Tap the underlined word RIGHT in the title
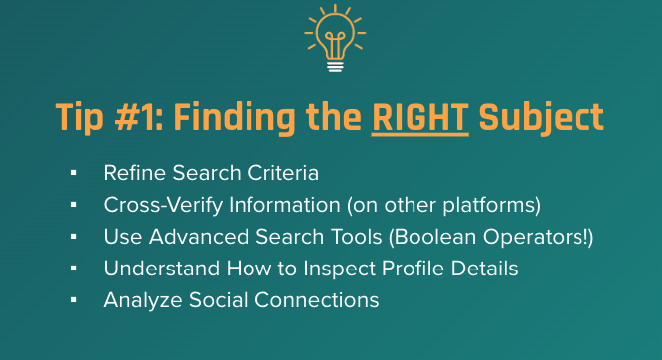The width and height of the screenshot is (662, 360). (419, 117)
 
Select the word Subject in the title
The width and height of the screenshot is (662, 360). (541, 117)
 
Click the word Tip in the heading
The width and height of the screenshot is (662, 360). (80, 117)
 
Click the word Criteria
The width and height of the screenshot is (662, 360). (281, 173)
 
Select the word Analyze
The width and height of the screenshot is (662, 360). (137, 300)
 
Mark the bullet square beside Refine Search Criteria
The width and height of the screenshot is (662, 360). (74, 173)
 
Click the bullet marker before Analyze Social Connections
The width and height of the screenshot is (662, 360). (74, 299)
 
